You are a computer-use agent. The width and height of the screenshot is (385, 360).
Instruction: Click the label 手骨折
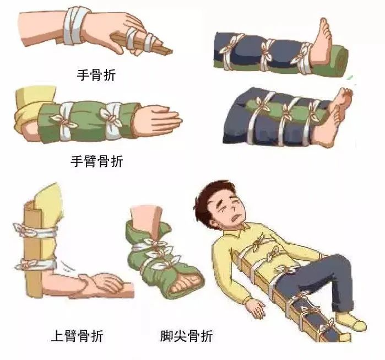point(96,75)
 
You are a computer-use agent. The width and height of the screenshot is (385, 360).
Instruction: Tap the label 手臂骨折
point(97,162)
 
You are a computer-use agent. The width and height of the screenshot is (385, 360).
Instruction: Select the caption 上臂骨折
point(77,336)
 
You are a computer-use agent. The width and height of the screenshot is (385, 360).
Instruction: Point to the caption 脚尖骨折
point(187,336)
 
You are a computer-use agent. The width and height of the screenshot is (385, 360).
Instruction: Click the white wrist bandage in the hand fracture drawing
point(74,26)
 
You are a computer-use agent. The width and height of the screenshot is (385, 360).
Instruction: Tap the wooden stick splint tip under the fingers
point(166,51)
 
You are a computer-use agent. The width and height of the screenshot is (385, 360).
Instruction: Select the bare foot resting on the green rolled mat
point(321,44)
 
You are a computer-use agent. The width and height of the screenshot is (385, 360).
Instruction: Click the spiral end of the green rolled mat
point(340,60)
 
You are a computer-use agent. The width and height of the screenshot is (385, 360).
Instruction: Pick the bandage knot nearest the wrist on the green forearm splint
point(112,118)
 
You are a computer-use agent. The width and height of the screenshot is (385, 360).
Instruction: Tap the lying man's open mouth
point(236,217)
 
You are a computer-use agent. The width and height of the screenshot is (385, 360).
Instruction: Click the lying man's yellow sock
point(351,321)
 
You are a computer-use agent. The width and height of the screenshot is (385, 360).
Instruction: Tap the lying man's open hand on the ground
point(256,308)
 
